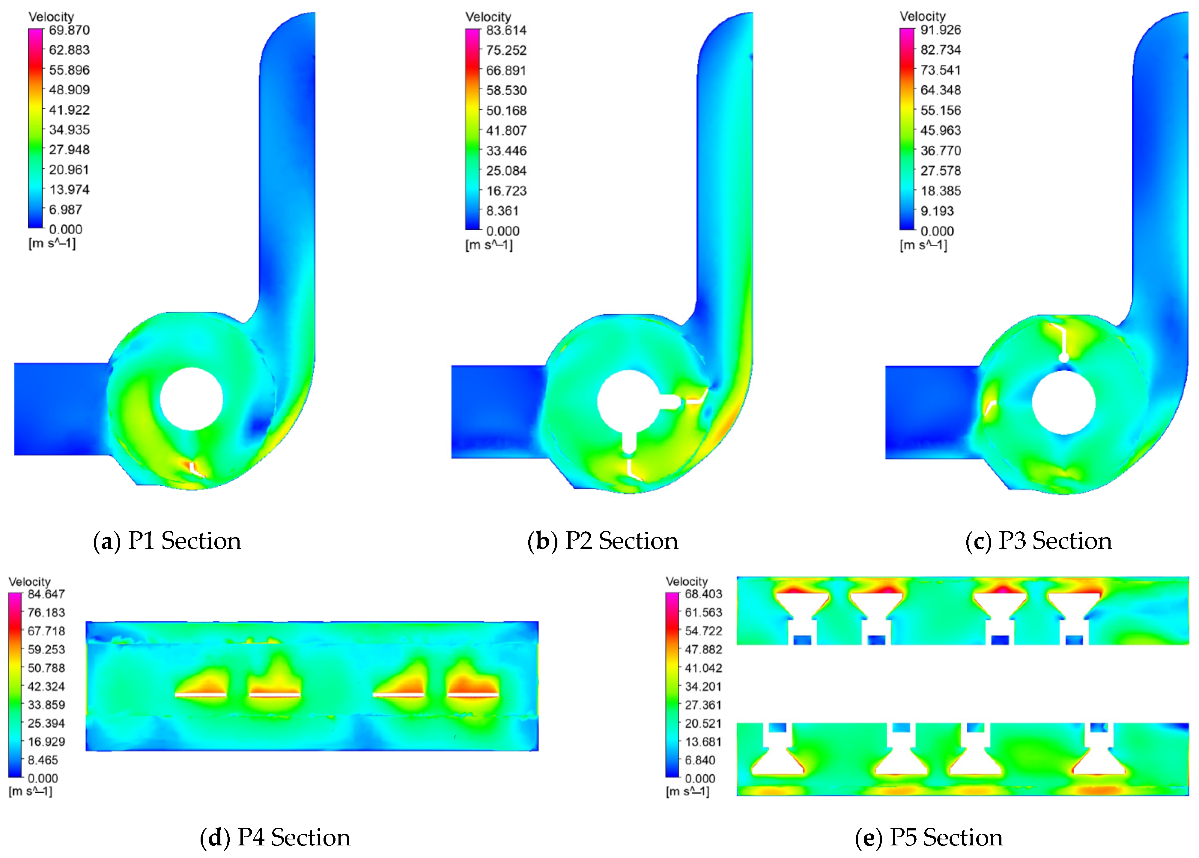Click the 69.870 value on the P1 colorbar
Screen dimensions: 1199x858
tap(69, 30)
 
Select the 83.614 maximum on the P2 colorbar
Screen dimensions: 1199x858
tap(506, 30)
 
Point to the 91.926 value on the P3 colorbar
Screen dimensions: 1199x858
tap(941, 30)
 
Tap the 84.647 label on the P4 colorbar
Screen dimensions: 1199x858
tap(46, 594)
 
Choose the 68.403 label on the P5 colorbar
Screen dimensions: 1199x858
tap(703, 594)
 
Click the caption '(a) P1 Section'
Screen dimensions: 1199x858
tap(167, 541)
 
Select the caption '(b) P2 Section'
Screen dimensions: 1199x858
tap(603, 541)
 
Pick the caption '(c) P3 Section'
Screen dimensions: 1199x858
tap(1038, 541)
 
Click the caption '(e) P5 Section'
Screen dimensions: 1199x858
tap(929, 837)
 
